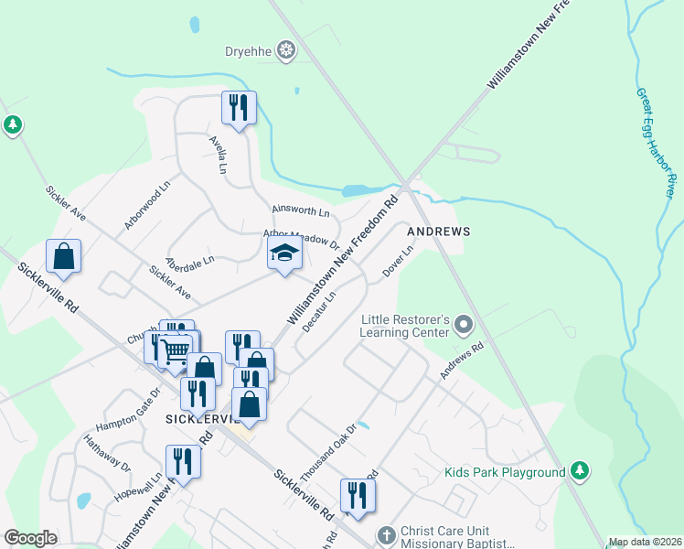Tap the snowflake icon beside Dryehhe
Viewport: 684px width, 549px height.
tap(287, 49)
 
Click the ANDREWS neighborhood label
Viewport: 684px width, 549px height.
tap(438, 231)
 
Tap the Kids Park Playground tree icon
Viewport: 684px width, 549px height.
tap(578, 472)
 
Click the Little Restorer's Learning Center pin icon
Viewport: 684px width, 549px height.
tap(465, 325)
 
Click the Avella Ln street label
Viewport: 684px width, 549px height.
tap(218, 156)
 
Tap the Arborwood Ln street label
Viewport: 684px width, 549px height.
tap(147, 204)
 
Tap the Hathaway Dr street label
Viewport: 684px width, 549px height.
tap(107, 452)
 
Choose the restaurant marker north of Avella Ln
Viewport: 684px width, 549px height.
tap(239, 108)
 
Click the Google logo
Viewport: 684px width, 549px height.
tap(30, 538)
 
